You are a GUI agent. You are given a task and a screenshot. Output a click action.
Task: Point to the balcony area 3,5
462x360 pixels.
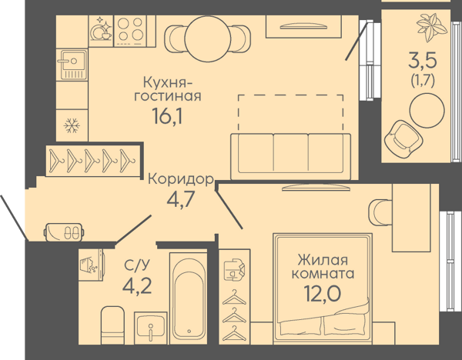422,59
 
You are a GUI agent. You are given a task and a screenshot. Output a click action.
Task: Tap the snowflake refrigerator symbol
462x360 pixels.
72,125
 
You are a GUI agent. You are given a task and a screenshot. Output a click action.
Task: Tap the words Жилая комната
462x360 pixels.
323,266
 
